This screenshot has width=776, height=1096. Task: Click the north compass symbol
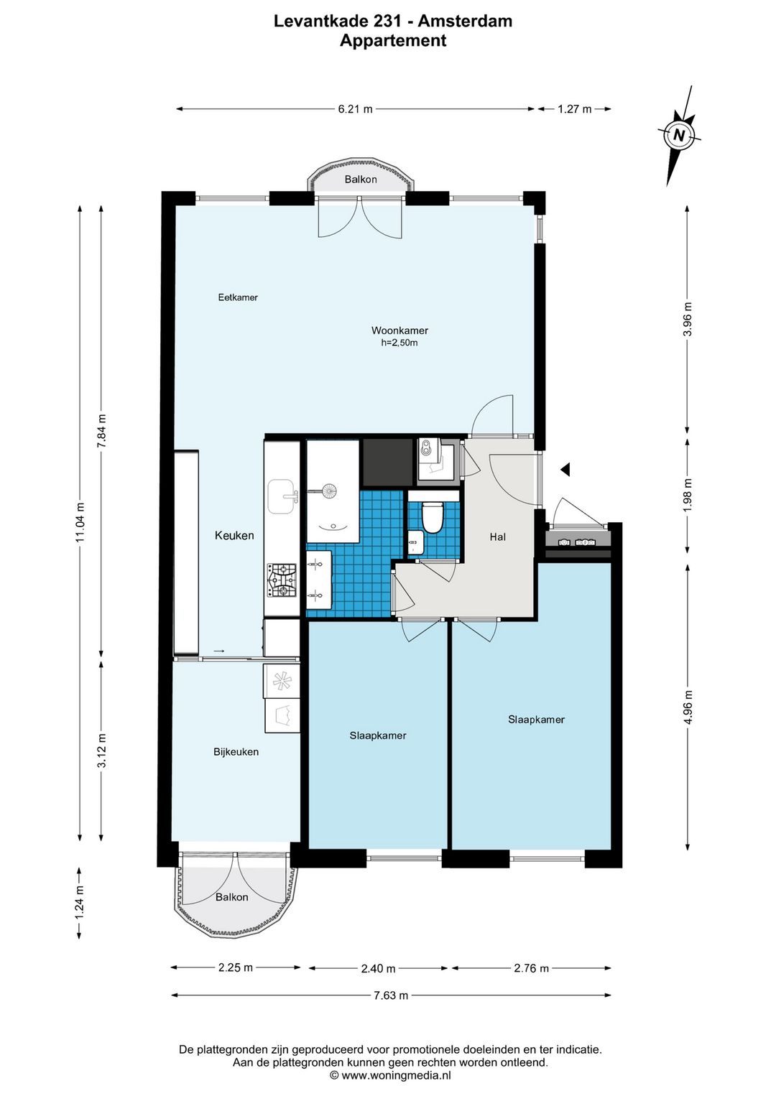click(x=679, y=135)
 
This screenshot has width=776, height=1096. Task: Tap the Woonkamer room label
click(x=399, y=330)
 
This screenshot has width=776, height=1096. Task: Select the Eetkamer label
click(x=238, y=297)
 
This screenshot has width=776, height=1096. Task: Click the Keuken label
click(x=234, y=535)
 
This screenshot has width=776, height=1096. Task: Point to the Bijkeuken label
click(x=236, y=751)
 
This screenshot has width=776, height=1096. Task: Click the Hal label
click(x=498, y=537)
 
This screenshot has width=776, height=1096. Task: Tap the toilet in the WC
click(x=433, y=517)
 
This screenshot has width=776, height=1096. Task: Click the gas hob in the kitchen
click(x=282, y=580)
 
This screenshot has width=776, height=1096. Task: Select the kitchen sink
click(x=282, y=496)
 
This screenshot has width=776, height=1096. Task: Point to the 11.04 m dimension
click(x=80, y=521)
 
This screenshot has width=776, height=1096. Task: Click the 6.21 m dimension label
click(x=356, y=108)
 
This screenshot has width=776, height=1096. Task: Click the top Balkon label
click(x=361, y=179)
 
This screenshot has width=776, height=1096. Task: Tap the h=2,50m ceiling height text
click(x=399, y=343)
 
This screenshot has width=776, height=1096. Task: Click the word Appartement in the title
click(x=393, y=40)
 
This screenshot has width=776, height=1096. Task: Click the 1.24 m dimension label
click(x=80, y=903)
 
